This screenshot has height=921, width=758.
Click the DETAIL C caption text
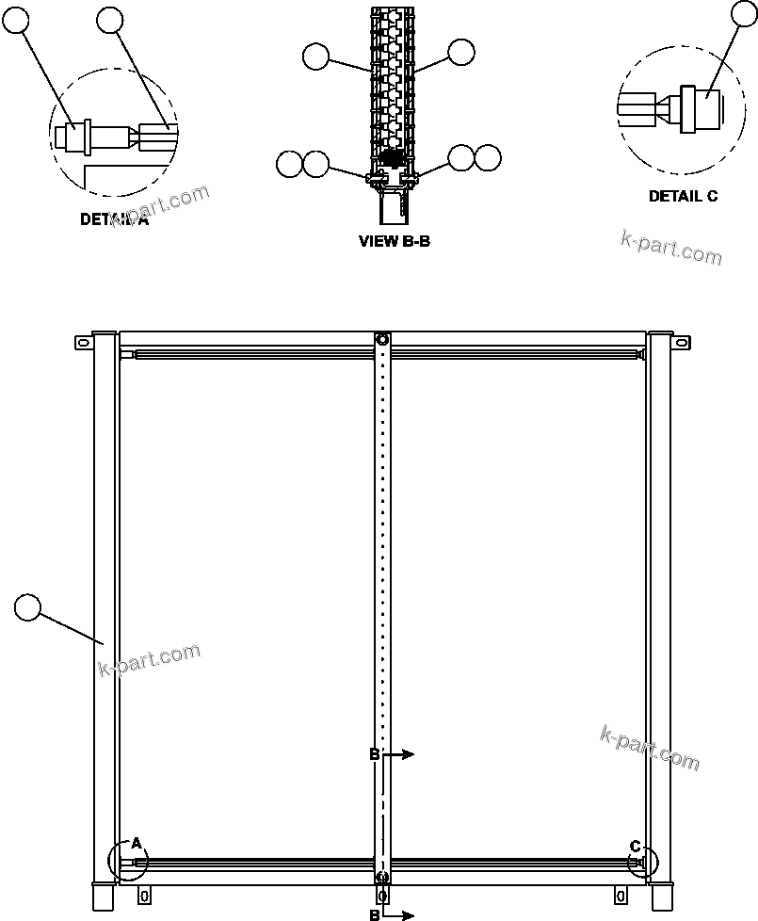tap(683, 196)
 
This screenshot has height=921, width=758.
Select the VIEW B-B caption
tap(395, 241)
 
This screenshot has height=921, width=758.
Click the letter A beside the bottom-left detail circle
tap(136, 842)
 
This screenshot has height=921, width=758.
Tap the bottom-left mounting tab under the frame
tap(144, 893)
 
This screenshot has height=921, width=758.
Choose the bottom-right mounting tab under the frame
tap(620, 893)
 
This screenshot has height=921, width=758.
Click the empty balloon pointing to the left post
tap(28, 607)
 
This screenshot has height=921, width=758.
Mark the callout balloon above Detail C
tap(745, 12)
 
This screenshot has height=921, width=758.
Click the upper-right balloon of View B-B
tap(460, 53)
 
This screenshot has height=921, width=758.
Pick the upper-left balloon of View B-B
tap(316, 57)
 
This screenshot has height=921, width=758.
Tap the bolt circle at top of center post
tap(382, 339)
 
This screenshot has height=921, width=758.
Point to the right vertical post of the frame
tap(659, 612)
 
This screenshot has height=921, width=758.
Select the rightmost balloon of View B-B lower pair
tap(488, 157)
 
